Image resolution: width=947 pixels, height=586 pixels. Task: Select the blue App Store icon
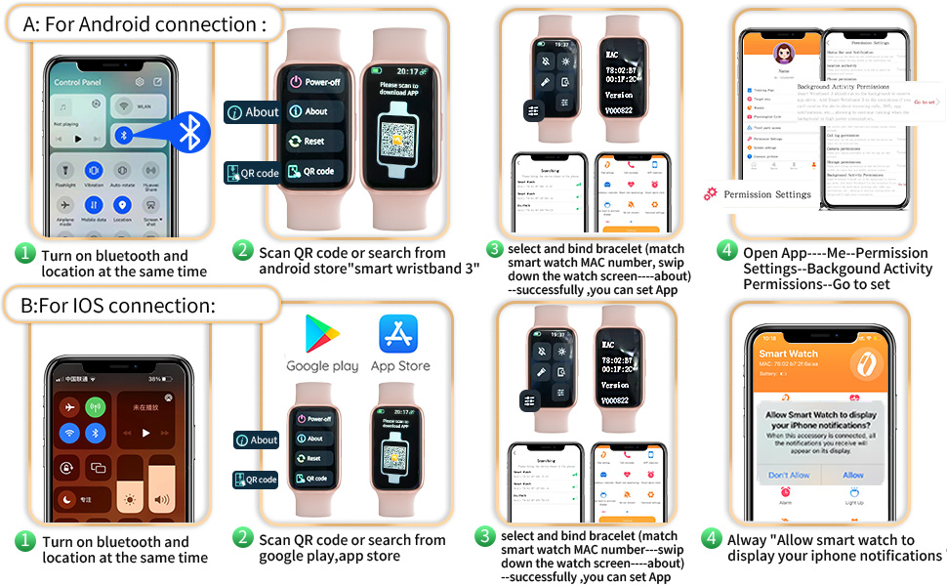[399, 334]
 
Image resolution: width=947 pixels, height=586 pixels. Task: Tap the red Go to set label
[925, 102]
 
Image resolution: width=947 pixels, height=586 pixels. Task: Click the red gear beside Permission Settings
[710, 194]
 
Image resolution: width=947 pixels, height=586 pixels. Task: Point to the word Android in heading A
[126, 24]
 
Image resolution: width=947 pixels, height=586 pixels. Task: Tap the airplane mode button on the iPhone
[68, 406]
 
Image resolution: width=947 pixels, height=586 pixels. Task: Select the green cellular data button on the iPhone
[95, 406]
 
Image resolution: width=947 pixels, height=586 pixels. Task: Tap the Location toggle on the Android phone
[122, 205]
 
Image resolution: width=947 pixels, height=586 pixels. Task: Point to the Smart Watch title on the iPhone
[789, 354]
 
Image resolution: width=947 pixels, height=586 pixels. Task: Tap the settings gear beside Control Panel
[140, 82]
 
